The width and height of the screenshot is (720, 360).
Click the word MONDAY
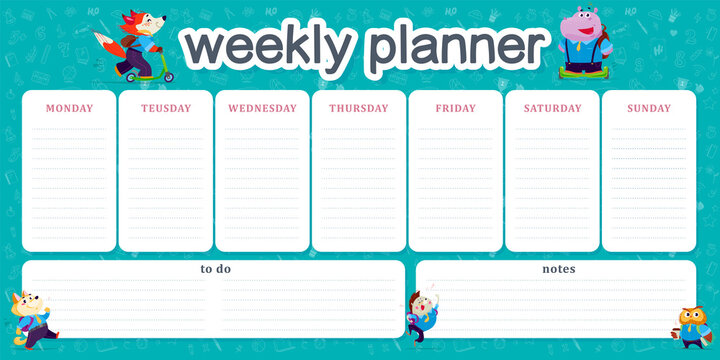pyautogui.click(x=69, y=108)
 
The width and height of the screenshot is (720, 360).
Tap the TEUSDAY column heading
pyautogui.click(x=166, y=108)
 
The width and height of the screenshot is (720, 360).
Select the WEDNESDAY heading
pyautogui.click(x=262, y=108)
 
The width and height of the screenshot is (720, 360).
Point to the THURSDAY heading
pyautogui.click(x=359, y=108)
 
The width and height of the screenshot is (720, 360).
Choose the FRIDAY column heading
pyautogui.click(x=455, y=108)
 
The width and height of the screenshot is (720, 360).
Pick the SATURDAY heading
pyautogui.click(x=552, y=108)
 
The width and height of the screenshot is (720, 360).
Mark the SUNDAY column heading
pyautogui.click(x=649, y=108)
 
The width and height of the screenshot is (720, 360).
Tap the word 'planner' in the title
pyautogui.click(x=455, y=46)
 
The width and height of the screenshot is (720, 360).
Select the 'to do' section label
pyautogui.click(x=215, y=269)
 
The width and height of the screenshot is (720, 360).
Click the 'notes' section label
pyautogui.click(x=558, y=269)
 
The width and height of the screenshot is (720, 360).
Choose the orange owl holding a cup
pyautogui.click(x=692, y=324)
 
